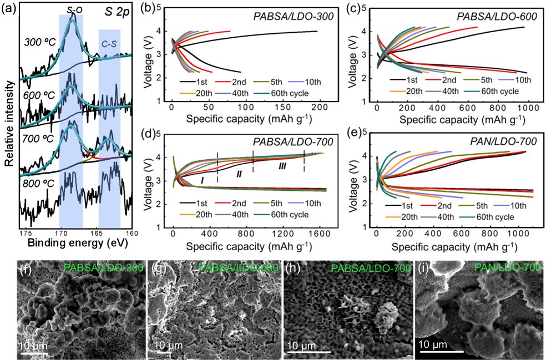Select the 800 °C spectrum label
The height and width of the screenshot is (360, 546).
coord(39,183)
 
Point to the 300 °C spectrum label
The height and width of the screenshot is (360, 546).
coord(40,43)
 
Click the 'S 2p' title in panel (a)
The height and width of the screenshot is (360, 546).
coord(117,12)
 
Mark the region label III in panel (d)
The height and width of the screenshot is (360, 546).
coord(282,166)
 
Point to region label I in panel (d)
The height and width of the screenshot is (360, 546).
coord(203,180)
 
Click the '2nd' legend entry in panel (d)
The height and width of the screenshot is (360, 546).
coord(239,204)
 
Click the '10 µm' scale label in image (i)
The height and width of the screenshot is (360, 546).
coord(433,344)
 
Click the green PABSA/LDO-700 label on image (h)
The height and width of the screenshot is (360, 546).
coord(371,268)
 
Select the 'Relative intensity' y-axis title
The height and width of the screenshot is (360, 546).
coord(9,123)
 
